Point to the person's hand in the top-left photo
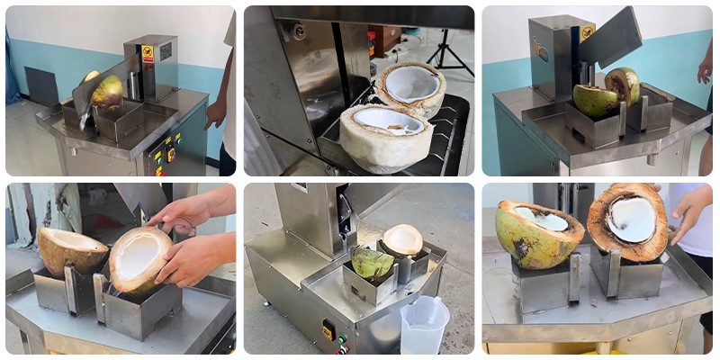(216, 112)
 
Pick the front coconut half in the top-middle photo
(386, 136)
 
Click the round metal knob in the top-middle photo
(298, 31)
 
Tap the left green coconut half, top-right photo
(596, 100)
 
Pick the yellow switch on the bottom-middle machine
(328, 330)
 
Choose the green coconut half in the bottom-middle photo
(372, 263)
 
